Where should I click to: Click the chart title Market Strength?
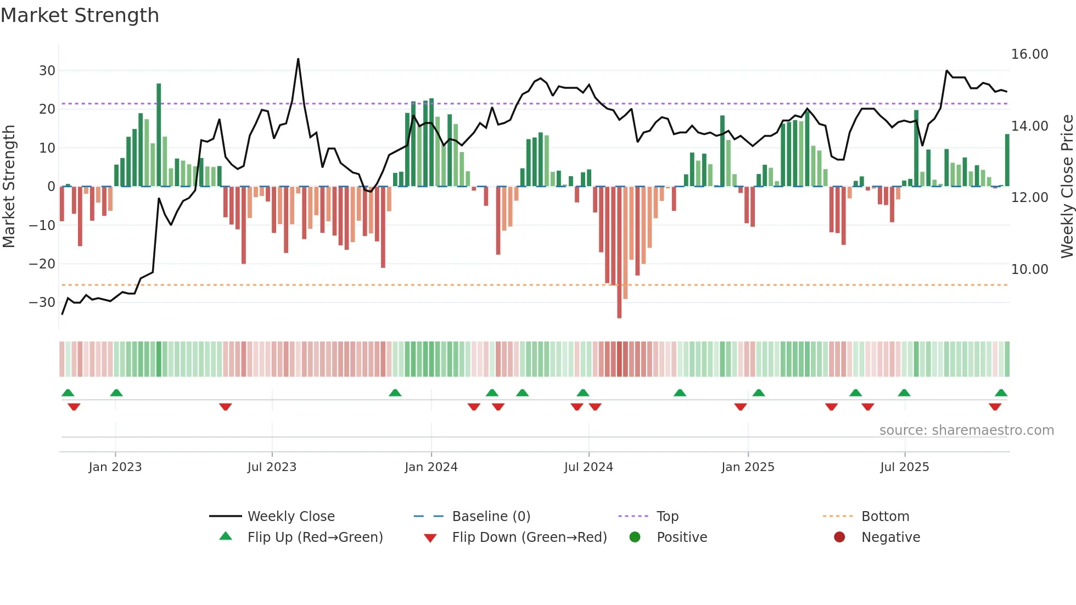tap(80, 15)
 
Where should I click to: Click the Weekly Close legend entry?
tap(290, 517)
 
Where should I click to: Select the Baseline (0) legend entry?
tap(491, 517)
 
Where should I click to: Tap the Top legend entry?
tap(667, 517)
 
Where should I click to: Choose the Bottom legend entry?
tap(885, 517)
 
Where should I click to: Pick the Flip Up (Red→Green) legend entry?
tap(315, 537)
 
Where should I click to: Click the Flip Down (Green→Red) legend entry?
tap(529, 537)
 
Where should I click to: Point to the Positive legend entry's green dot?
tap(635, 537)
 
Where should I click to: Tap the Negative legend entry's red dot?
tap(839, 537)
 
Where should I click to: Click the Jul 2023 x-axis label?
tap(272, 467)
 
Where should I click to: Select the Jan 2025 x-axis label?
tap(748, 467)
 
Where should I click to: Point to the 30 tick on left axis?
tap(47, 71)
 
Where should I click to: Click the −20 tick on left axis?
tap(42, 264)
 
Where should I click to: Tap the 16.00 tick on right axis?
tap(1029, 54)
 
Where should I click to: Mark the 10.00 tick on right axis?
tap(1029, 270)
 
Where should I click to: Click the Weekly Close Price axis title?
tap(1067, 187)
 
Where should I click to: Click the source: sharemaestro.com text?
tap(966, 430)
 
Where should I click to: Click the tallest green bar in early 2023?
tap(159, 135)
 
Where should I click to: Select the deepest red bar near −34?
tap(619, 253)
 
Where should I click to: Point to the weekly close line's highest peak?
tap(298, 59)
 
